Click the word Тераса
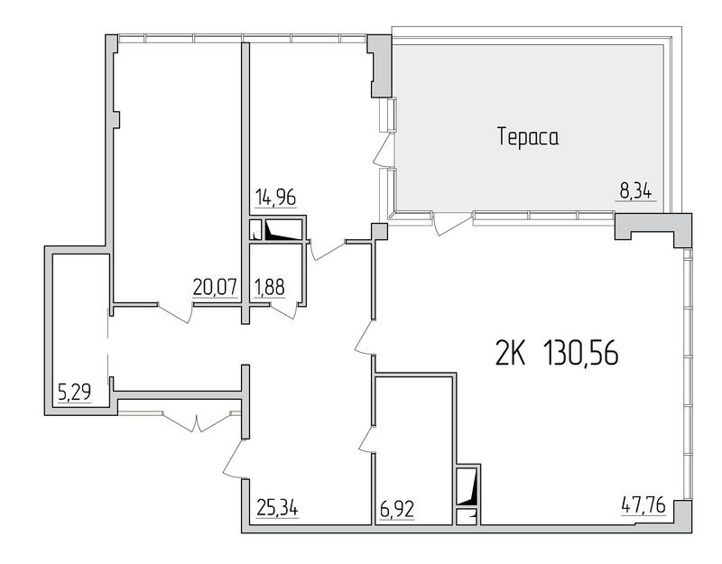pos(528,137)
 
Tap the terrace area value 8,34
pos(635,191)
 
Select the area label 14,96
pos(275,198)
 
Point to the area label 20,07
pos(215,288)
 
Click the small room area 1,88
pos(269,288)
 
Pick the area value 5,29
pos(74,393)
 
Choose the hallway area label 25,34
pos(277,508)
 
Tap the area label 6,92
pos(396,509)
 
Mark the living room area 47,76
pos(643,505)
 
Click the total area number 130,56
pos(581,354)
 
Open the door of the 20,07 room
pos(175,312)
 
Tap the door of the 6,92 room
pos(367,439)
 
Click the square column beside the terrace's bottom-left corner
pos(379,231)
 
